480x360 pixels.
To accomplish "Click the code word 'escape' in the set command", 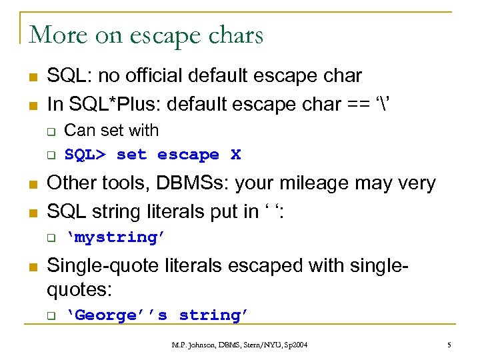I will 188,155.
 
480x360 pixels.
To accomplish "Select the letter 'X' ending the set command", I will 235,155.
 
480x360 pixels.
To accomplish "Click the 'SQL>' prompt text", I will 85,155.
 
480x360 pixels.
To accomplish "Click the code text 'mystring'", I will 117,237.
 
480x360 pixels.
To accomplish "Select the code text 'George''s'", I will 120,315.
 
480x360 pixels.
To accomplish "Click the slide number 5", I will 449,344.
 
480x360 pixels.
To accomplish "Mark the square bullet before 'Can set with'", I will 49,131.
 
